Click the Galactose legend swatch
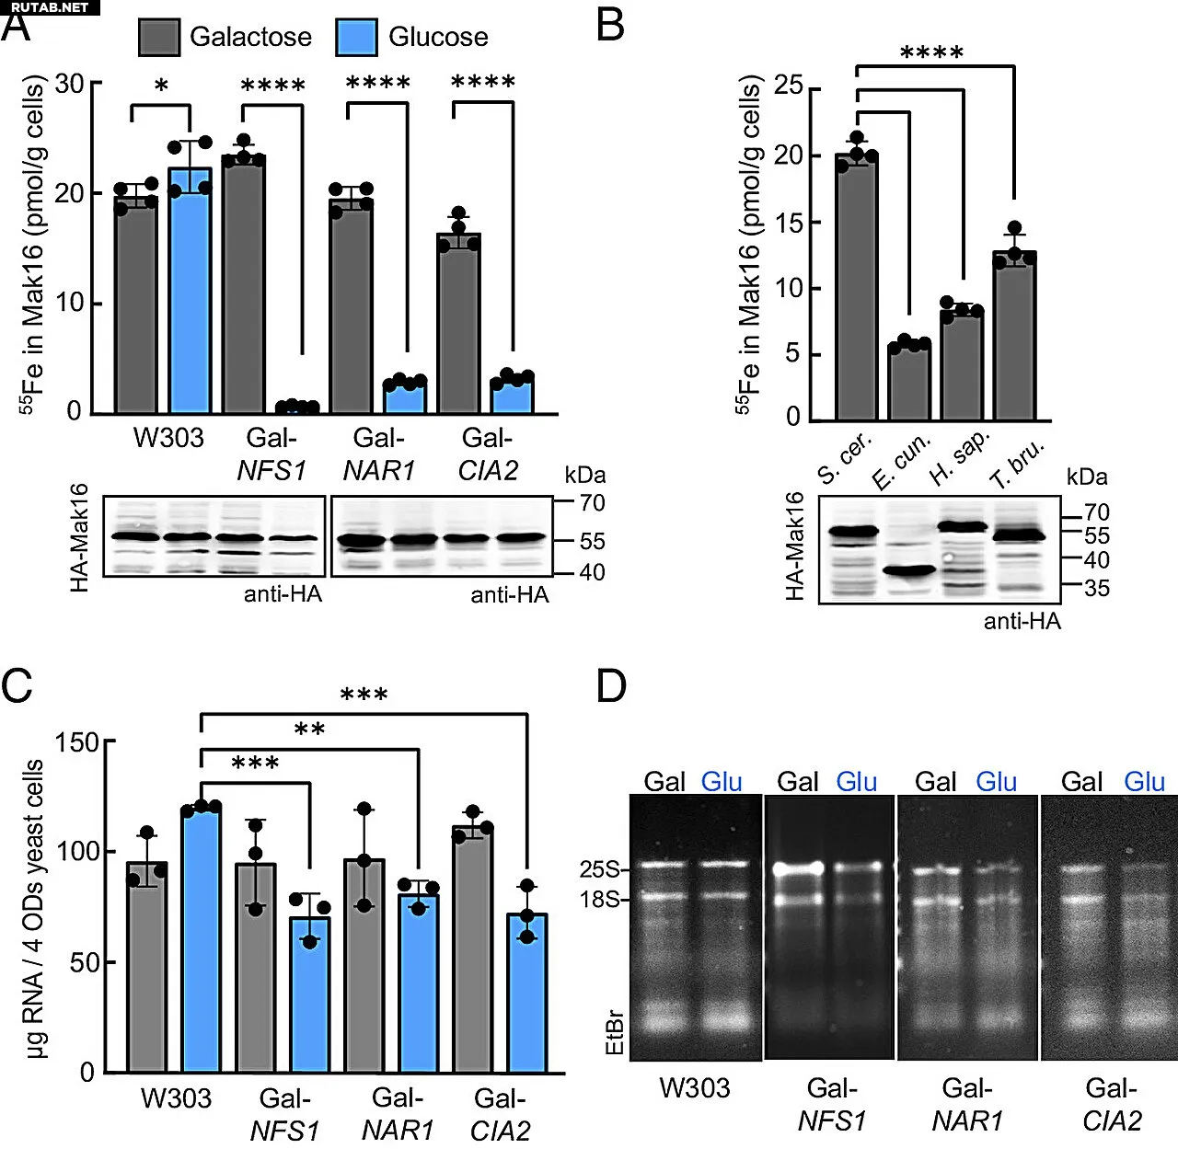[x=158, y=38]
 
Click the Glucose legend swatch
[x=356, y=38]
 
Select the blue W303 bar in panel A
[x=190, y=290]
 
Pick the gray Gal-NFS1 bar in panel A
[x=244, y=285]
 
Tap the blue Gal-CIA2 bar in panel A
[x=512, y=396]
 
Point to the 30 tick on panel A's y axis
[x=69, y=84]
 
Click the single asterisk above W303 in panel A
[x=161, y=86]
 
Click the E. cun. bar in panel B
[x=909, y=382]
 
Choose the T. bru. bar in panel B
[x=1014, y=336]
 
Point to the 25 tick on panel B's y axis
[x=789, y=86]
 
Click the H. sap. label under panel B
[x=959, y=457]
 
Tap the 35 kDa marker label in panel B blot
[x=1096, y=588]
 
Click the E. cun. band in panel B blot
[x=908, y=571]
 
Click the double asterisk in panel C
[x=309, y=730]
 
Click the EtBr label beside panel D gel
[x=615, y=1032]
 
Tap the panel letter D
[x=611, y=686]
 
